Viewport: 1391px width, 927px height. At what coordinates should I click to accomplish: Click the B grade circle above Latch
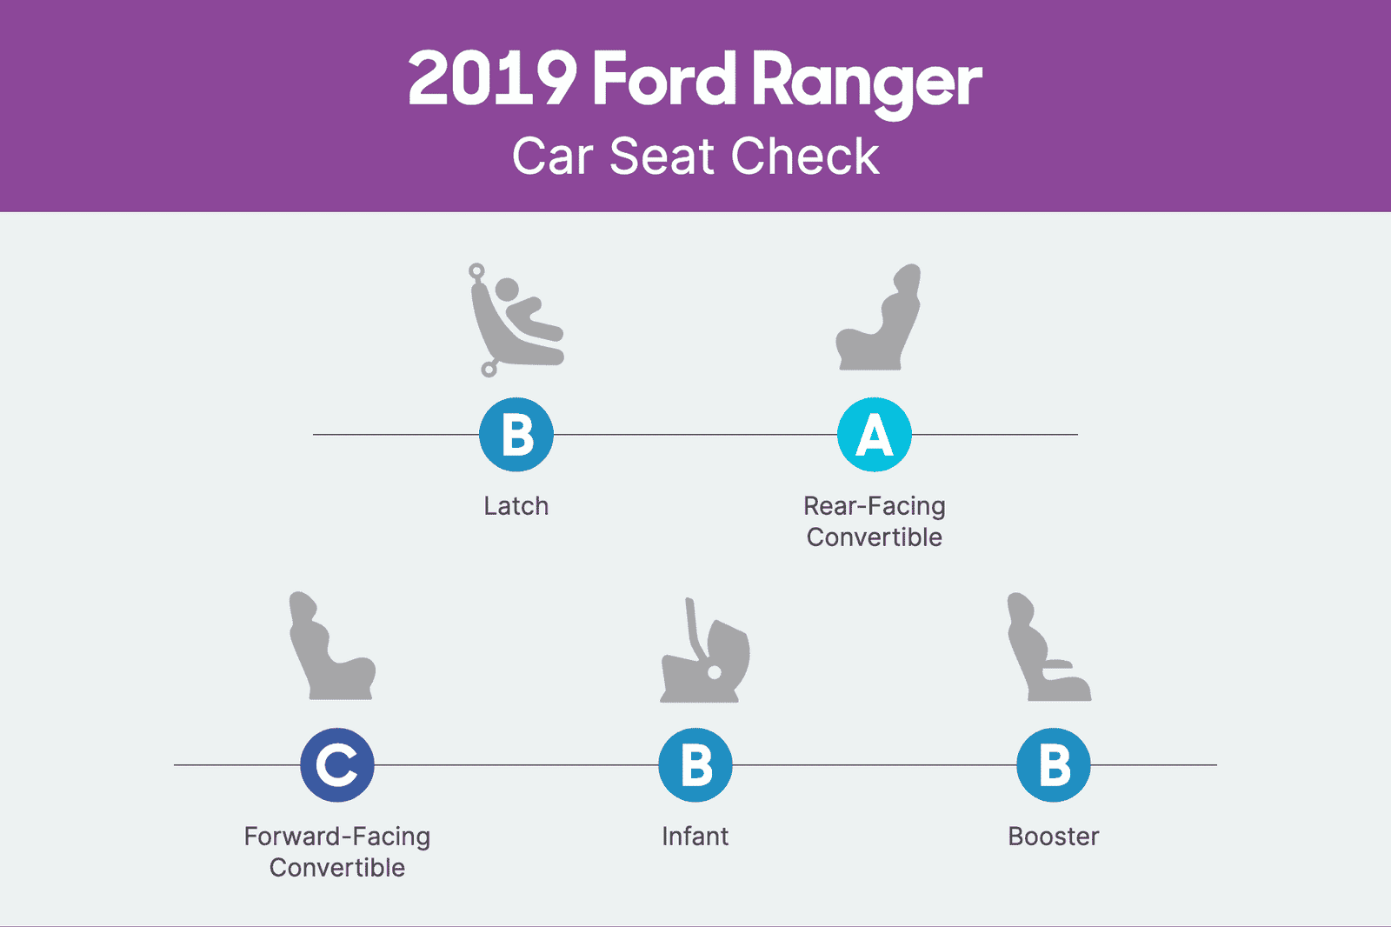click(516, 434)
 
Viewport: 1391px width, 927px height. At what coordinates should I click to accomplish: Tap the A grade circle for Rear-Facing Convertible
click(875, 434)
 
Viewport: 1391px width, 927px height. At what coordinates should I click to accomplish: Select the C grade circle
click(337, 764)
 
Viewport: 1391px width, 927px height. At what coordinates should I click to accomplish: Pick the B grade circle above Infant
click(695, 764)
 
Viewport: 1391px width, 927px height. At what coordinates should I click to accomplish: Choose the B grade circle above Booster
click(1054, 764)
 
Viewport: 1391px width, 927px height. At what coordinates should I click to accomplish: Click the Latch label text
click(516, 506)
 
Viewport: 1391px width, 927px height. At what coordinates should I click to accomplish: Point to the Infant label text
click(695, 837)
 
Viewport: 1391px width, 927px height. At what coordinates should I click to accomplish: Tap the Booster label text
click(1054, 837)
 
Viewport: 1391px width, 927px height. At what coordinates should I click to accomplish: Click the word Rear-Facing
click(875, 506)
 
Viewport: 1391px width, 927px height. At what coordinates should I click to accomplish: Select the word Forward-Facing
click(337, 837)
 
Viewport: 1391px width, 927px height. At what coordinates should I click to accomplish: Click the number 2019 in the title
click(492, 79)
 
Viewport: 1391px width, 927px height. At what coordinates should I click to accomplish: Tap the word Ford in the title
click(664, 79)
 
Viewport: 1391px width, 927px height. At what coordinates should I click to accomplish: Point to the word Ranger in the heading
click(867, 83)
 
